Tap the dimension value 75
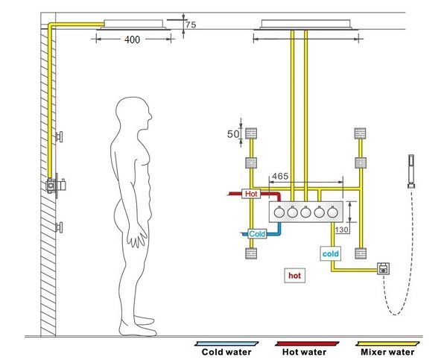coord(190,24)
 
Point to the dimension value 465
coord(280,177)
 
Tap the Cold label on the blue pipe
coord(257,234)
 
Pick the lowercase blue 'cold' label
coord(331,254)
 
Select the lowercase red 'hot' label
coord(294,275)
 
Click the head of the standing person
coord(138,114)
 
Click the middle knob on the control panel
coord(305,212)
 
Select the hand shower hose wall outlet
coord(384,268)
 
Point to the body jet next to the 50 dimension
coord(251,134)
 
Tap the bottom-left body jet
coord(251,253)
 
